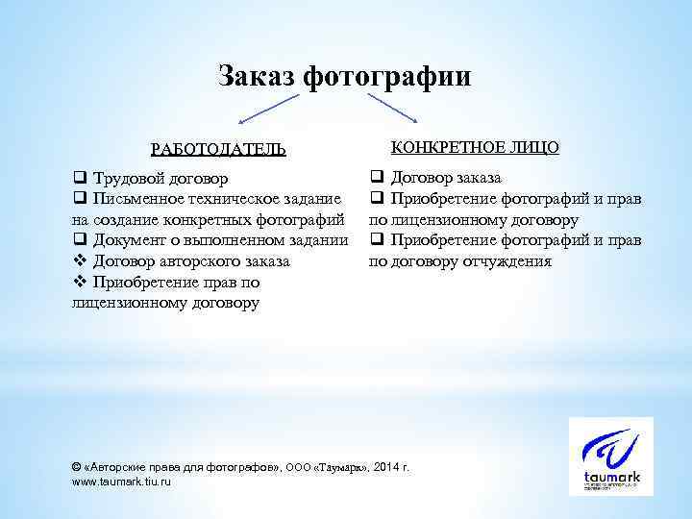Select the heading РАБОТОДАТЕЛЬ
[x=218, y=149]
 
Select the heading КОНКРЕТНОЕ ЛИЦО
[x=475, y=146]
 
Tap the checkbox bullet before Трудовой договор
[x=79, y=179]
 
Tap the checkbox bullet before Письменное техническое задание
[x=79, y=199]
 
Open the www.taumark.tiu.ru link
[x=122, y=481]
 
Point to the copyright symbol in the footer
[x=77, y=466]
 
